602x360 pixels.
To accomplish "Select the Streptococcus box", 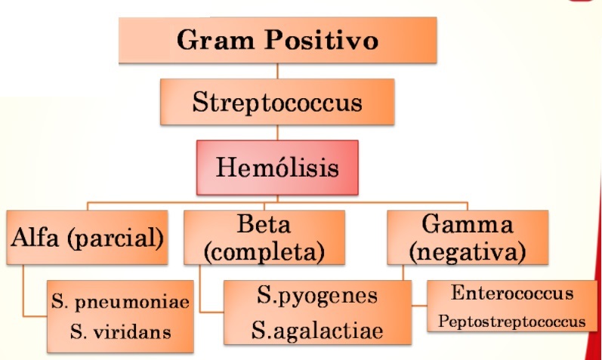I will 276,102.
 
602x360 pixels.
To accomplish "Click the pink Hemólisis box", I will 276,165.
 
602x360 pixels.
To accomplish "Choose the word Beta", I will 264,225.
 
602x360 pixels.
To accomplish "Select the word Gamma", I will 468,225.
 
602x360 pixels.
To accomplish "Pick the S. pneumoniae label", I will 120,303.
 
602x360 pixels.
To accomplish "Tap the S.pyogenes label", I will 316,295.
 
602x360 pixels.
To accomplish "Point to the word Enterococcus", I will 511,293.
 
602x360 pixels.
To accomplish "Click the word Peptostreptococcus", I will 511,322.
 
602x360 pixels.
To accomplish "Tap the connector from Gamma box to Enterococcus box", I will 419,305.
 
